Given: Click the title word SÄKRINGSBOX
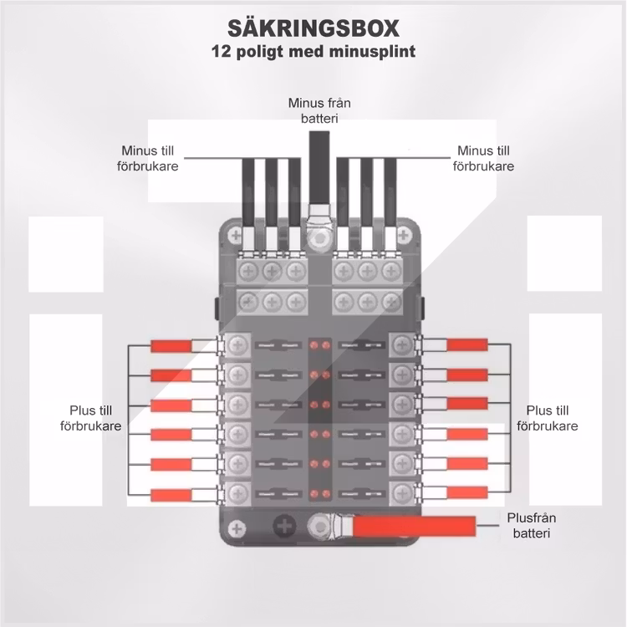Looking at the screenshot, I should click(313, 29).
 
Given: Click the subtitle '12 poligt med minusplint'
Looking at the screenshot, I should click(313, 52).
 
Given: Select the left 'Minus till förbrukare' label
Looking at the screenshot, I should click(150, 158).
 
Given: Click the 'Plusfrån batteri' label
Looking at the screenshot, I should click(529, 525).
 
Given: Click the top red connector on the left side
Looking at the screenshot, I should click(171, 345).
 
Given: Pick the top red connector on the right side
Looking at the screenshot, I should click(466, 344).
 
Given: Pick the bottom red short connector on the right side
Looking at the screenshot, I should click(466, 492).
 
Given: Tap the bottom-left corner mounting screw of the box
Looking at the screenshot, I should click(237, 528).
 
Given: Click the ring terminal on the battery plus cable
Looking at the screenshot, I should click(322, 527).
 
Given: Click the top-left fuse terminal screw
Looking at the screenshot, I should click(238, 344).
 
